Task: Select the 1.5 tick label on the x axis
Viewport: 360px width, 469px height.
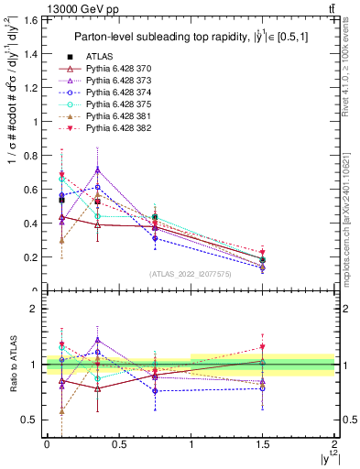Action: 263,444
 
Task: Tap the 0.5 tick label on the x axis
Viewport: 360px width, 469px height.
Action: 118,444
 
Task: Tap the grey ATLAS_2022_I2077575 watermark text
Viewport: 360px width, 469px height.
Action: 191,274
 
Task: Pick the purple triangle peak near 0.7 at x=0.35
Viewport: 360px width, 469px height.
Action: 97,169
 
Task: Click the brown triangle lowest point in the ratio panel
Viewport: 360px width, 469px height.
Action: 61,412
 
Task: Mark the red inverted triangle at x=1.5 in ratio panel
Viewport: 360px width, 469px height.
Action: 263,347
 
